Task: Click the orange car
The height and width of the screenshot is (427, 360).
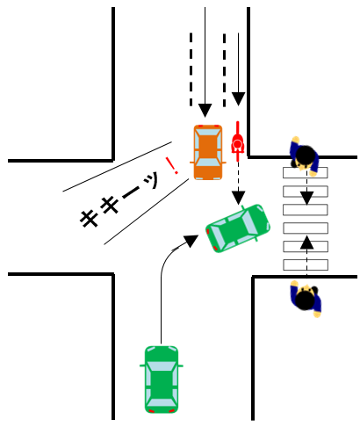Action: (x=208, y=152)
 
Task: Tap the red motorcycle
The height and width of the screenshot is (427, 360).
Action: (x=238, y=141)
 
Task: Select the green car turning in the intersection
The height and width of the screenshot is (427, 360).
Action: (x=238, y=228)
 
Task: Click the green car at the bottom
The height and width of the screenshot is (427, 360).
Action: (x=162, y=380)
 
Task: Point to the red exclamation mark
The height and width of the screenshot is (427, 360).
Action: (x=172, y=165)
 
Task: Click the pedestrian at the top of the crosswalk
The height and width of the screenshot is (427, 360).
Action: (x=305, y=156)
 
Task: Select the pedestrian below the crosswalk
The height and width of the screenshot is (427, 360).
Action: (x=306, y=299)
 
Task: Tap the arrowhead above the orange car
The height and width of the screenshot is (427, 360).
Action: (x=205, y=111)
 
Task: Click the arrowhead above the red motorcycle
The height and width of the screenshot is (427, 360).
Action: (x=238, y=99)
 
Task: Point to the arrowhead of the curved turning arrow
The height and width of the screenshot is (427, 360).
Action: (x=191, y=241)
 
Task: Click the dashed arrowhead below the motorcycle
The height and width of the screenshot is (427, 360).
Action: (x=239, y=198)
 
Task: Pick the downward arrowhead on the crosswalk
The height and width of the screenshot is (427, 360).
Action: (x=306, y=199)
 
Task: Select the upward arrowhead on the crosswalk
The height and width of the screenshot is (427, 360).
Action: (x=306, y=242)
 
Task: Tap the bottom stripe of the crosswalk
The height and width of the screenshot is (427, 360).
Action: (x=306, y=264)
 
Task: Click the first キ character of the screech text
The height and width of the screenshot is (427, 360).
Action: (x=89, y=218)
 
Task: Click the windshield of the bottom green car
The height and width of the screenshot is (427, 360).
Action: (x=162, y=366)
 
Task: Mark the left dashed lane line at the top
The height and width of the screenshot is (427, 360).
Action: (x=191, y=69)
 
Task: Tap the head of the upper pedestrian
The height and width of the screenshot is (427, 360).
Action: (x=306, y=154)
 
